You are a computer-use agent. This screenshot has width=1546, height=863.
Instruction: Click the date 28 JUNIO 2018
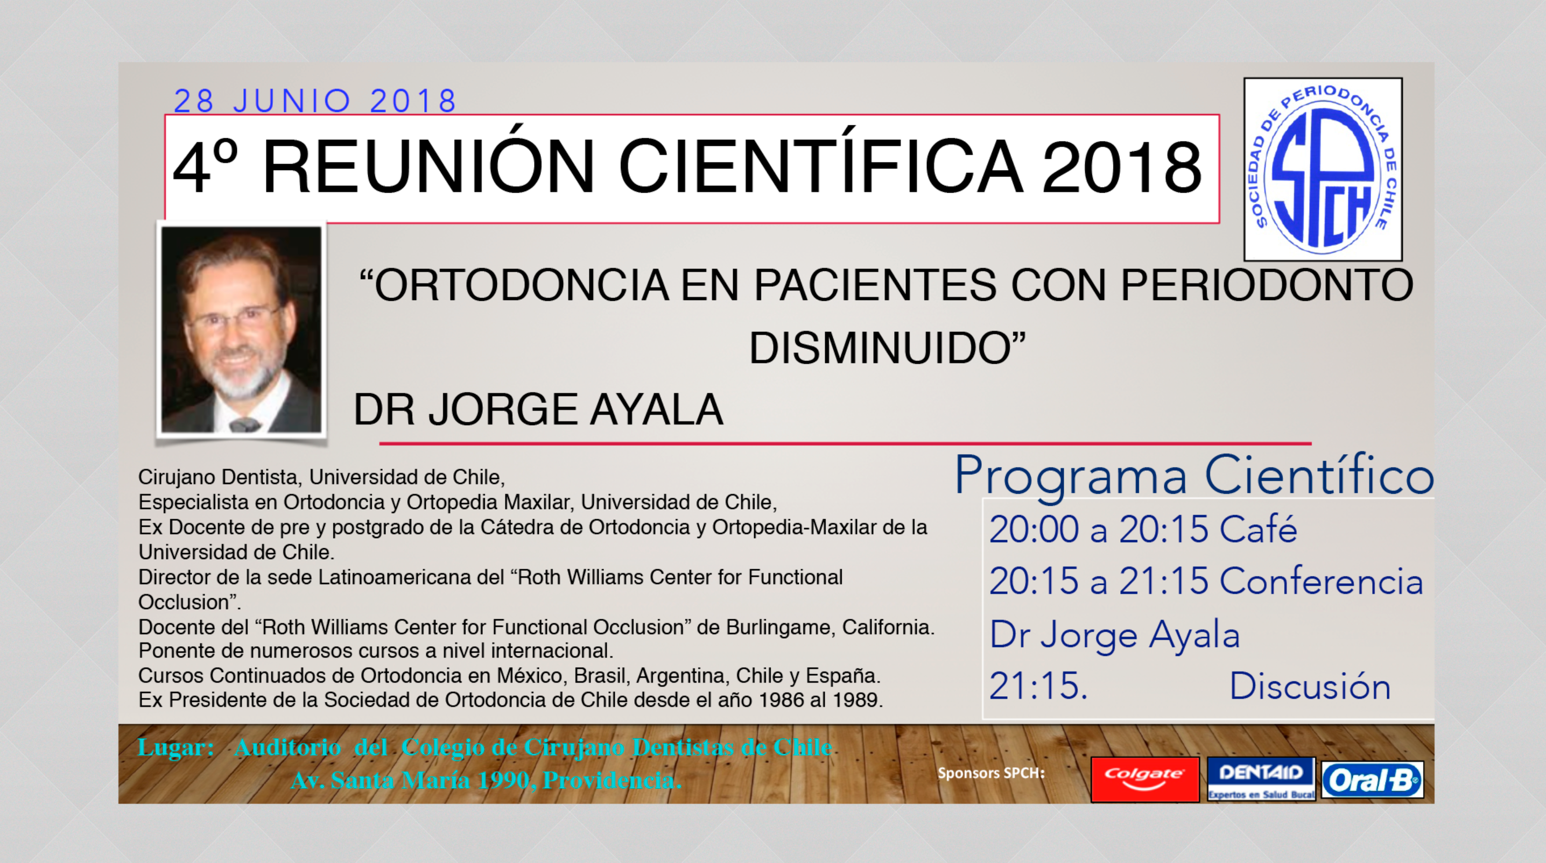pos(315,101)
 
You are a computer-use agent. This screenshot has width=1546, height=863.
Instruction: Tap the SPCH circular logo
pos(1323,169)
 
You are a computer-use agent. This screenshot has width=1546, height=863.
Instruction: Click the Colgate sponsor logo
pos(1145,779)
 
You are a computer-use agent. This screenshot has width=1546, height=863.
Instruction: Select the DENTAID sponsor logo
pos(1261,779)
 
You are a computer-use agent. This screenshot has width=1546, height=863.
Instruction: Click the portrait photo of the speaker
pos(241,330)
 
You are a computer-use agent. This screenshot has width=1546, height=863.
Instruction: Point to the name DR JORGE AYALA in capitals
pos(538,409)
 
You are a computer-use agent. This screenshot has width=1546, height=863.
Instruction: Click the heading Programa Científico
pos(1194,476)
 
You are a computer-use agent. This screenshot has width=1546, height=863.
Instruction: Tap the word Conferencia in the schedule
pos(1322,581)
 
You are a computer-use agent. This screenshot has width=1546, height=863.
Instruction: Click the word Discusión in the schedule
pos(1310,686)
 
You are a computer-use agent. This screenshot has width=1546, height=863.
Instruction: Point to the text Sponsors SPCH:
pos(992,773)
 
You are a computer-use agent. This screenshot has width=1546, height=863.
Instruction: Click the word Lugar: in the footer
pos(176,747)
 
